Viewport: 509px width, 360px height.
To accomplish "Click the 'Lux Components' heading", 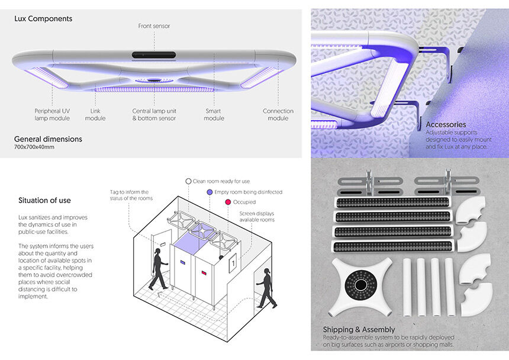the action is point(43,19).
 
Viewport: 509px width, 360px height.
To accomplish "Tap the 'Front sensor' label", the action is point(154,26).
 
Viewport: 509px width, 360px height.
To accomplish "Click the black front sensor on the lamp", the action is point(154,55).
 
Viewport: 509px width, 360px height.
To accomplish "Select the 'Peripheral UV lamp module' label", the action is point(52,115).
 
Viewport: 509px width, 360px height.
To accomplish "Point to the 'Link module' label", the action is point(95,115).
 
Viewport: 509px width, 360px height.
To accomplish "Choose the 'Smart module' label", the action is point(214,115).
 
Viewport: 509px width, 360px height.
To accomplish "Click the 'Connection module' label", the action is point(278,115).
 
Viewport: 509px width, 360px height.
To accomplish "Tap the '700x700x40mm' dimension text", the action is point(34,147).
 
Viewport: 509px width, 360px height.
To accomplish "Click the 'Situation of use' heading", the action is point(44,200).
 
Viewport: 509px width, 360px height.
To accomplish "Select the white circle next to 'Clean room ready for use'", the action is point(188,181).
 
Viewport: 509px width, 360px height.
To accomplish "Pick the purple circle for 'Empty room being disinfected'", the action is point(210,192).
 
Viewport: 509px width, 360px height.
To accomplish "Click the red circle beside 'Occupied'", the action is point(228,202).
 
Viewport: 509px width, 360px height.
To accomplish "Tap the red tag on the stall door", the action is point(204,273).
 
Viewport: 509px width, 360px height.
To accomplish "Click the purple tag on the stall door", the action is point(183,262).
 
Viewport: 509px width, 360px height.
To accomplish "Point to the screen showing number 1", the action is point(233,263).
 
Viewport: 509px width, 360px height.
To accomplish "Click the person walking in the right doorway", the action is point(267,288).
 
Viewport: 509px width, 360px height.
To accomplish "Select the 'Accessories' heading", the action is point(446,124).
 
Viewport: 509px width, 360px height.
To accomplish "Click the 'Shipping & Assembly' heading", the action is point(359,329).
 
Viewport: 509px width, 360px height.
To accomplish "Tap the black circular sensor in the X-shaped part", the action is point(360,285).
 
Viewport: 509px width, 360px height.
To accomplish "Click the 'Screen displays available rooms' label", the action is point(257,217).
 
